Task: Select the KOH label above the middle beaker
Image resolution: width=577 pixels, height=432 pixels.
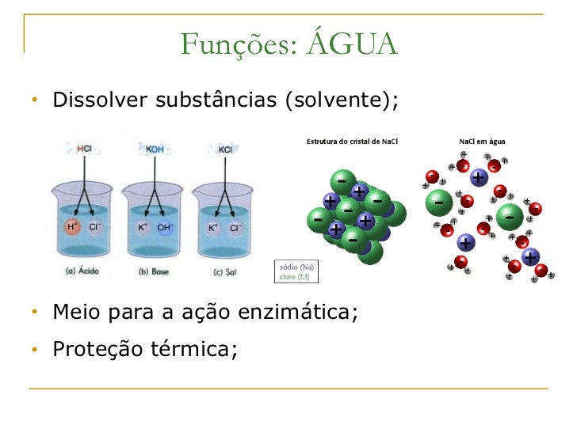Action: (x=156, y=149)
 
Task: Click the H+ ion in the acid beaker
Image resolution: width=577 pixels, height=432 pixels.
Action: (x=73, y=227)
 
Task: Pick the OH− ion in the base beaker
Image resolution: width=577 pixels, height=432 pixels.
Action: (x=165, y=228)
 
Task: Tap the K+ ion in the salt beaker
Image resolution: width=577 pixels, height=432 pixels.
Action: (x=212, y=228)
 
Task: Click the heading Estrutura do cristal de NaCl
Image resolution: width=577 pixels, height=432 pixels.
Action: (x=352, y=142)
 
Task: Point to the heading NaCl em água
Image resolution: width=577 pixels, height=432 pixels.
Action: (x=483, y=142)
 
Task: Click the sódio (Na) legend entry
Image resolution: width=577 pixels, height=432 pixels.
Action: (x=296, y=267)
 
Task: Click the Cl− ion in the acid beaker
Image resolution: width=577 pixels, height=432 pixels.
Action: (x=95, y=227)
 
